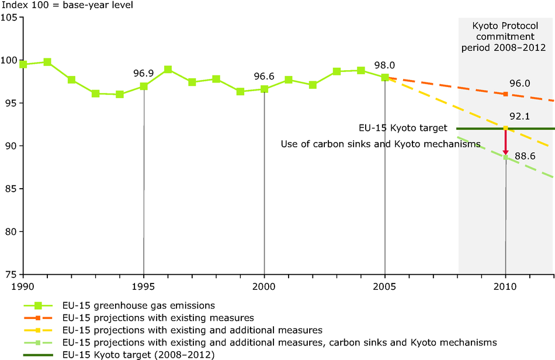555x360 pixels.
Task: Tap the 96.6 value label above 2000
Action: (264, 75)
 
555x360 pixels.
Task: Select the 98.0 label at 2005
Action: (385, 65)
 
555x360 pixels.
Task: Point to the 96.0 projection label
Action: (519, 84)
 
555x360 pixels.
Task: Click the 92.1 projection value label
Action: (519, 117)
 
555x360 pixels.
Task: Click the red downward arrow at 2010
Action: (505, 142)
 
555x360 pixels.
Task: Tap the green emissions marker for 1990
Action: (23, 64)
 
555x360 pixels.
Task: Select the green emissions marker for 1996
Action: (168, 69)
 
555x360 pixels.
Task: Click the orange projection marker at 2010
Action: (505, 94)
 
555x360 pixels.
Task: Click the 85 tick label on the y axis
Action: (11, 189)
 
